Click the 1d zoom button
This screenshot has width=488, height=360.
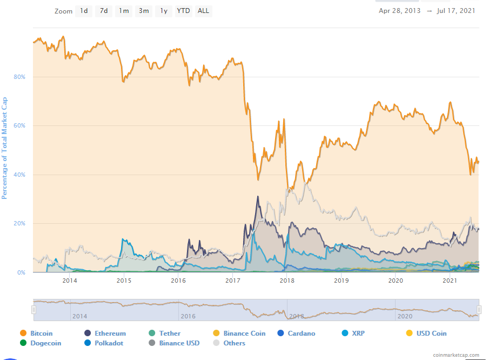pyautogui.click(x=84, y=11)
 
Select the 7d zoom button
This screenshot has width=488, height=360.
pyautogui.click(x=104, y=11)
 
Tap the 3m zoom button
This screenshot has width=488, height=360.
pyautogui.click(x=144, y=11)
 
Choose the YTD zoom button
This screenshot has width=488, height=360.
pyautogui.click(x=184, y=11)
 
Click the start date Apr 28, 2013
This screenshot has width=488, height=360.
pyautogui.click(x=399, y=11)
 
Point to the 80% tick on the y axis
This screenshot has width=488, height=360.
pyautogui.click(x=20, y=77)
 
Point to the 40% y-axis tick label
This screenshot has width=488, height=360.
pyautogui.click(x=20, y=175)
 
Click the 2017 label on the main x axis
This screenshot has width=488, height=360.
pyautogui.click(x=233, y=280)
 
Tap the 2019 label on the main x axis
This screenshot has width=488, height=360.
pyautogui.click(x=342, y=280)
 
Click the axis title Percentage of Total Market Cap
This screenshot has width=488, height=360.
pyautogui.click(x=5, y=148)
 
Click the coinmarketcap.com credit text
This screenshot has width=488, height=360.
pyautogui.click(x=456, y=355)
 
